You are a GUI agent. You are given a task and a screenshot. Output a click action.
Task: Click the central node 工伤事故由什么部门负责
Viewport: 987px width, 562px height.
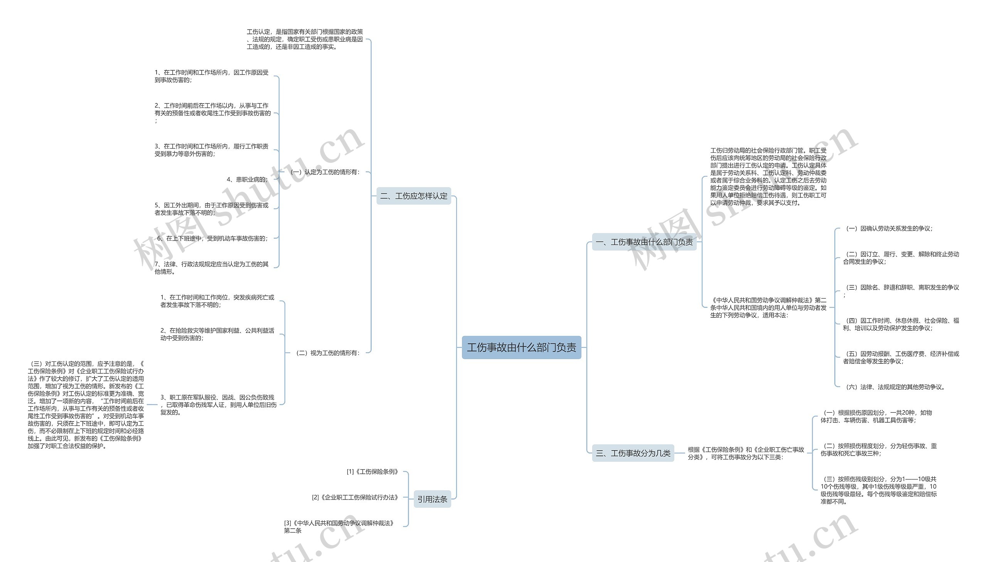click(521, 348)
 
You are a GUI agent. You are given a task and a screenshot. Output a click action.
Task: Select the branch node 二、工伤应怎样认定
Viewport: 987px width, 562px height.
click(413, 196)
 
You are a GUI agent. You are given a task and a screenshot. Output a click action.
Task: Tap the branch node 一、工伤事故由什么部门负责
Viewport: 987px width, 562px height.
click(644, 242)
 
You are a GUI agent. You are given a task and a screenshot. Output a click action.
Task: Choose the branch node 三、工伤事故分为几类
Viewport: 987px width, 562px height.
click(633, 453)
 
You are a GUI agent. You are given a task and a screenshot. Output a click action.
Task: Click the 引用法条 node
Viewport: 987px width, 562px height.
click(432, 499)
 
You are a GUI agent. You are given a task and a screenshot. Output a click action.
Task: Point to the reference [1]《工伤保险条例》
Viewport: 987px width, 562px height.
click(372, 472)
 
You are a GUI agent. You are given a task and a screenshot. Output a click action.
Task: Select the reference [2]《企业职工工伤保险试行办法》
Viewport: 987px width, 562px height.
click(355, 498)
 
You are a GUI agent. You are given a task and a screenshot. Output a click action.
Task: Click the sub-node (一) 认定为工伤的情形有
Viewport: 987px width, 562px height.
click(325, 172)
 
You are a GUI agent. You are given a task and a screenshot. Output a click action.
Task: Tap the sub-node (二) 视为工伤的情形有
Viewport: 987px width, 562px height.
click(327, 353)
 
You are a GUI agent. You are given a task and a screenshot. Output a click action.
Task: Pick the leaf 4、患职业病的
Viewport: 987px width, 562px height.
click(247, 179)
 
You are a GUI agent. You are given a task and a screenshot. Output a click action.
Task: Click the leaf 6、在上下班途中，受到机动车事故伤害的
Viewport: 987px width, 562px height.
click(212, 238)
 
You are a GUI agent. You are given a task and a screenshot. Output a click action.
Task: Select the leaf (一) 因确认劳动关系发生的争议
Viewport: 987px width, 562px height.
click(889, 228)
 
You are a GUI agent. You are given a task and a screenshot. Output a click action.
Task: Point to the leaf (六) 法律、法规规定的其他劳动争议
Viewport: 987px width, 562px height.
click(895, 387)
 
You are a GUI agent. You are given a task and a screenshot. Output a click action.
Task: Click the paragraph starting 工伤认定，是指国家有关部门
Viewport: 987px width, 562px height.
click(305, 39)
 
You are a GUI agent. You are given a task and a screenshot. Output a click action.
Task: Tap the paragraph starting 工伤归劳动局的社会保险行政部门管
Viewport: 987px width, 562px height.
click(768, 176)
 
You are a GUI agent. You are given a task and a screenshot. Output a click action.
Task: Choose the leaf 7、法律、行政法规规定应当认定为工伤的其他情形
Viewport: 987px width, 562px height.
click(211, 268)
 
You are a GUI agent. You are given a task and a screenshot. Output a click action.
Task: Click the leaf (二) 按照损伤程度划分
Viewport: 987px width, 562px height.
click(878, 450)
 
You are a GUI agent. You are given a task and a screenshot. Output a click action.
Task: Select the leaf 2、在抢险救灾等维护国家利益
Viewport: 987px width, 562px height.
click(217, 334)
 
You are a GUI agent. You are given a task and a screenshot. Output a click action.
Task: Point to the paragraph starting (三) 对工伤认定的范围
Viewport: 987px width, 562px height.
click(86, 405)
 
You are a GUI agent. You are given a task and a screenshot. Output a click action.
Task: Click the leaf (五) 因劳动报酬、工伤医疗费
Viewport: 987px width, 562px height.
click(901, 358)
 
